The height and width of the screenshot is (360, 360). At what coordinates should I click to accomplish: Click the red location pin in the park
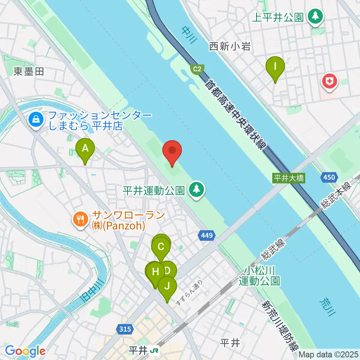click(x=172, y=151)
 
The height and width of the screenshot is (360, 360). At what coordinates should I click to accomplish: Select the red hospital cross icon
click(x=330, y=82)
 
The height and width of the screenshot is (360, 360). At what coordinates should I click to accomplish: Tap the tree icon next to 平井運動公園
click(x=196, y=190)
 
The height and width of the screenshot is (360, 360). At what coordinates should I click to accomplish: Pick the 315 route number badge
click(x=125, y=329)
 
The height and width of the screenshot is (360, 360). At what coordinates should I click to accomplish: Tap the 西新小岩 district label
click(x=230, y=46)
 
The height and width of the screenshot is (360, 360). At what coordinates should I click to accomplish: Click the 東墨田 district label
click(x=29, y=71)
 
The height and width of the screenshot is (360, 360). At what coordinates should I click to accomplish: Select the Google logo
click(x=25, y=351)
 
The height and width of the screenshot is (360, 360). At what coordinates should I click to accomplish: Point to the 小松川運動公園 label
click(x=259, y=276)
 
